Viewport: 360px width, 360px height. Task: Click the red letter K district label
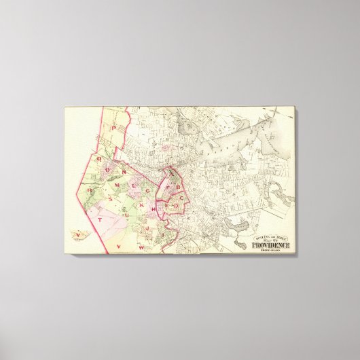[141, 204]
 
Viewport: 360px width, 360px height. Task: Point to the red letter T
[100, 219]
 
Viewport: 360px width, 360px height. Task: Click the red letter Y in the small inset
[78, 235]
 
